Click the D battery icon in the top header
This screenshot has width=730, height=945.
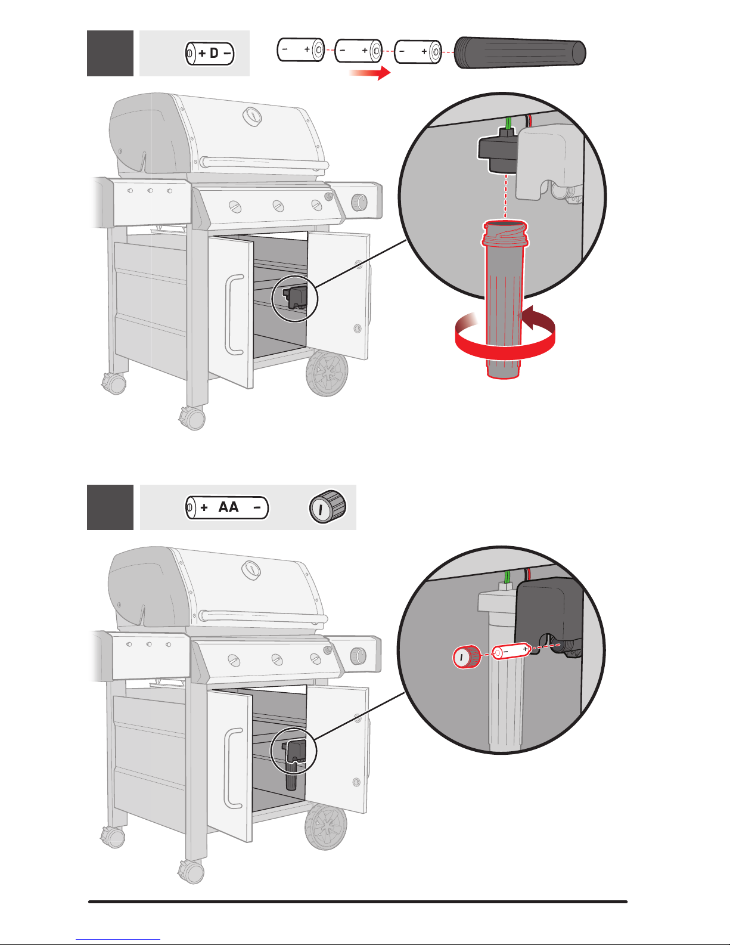[x=210, y=54]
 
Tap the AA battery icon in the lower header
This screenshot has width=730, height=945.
[x=227, y=507]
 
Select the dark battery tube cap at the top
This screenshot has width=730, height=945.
[x=520, y=53]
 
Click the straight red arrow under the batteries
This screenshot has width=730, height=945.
[x=370, y=73]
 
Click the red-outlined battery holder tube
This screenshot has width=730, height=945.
[x=504, y=299]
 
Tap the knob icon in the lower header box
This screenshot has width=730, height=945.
[x=328, y=507]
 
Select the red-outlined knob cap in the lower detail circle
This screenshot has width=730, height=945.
[x=467, y=656]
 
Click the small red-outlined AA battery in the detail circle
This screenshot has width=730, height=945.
[x=511, y=651]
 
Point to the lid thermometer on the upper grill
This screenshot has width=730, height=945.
[x=252, y=116]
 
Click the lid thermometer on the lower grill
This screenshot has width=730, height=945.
[x=251, y=570]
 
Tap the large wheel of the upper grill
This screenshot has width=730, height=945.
[x=327, y=373]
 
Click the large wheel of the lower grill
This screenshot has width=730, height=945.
[x=326, y=827]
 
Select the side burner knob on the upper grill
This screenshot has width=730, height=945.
[x=359, y=202]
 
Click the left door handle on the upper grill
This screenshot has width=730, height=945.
[x=234, y=314]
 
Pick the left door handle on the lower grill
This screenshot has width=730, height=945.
[x=233, y=769]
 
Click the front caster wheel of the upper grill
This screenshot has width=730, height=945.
[x=193, y=419]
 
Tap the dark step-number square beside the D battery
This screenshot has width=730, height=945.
[x=110, y=54]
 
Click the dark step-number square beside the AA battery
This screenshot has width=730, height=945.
[x=110, y=507]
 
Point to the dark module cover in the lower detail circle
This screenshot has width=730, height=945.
[x=548, y=613]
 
